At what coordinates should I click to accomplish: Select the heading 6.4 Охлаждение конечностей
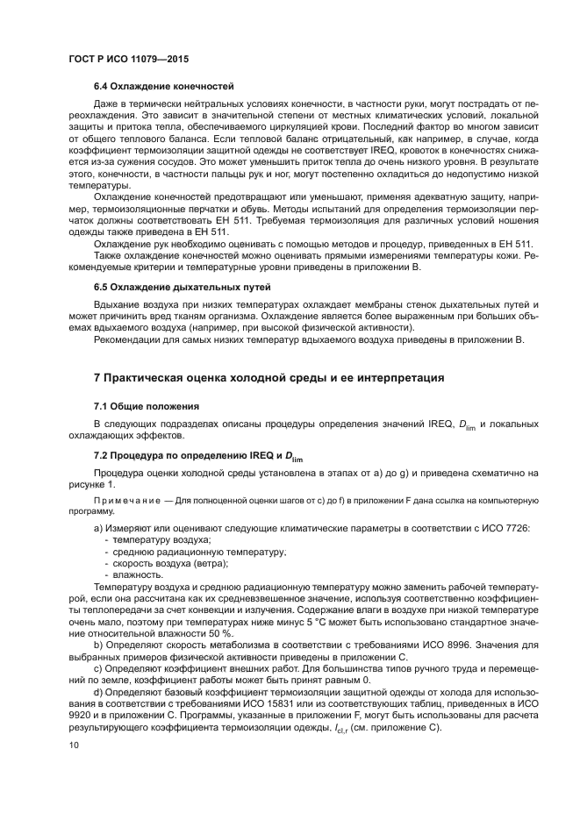(163, 87)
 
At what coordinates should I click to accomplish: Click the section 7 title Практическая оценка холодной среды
(269, 378)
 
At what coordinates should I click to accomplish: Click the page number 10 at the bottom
(74, 745)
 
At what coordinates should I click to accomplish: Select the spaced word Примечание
(128, 501)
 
